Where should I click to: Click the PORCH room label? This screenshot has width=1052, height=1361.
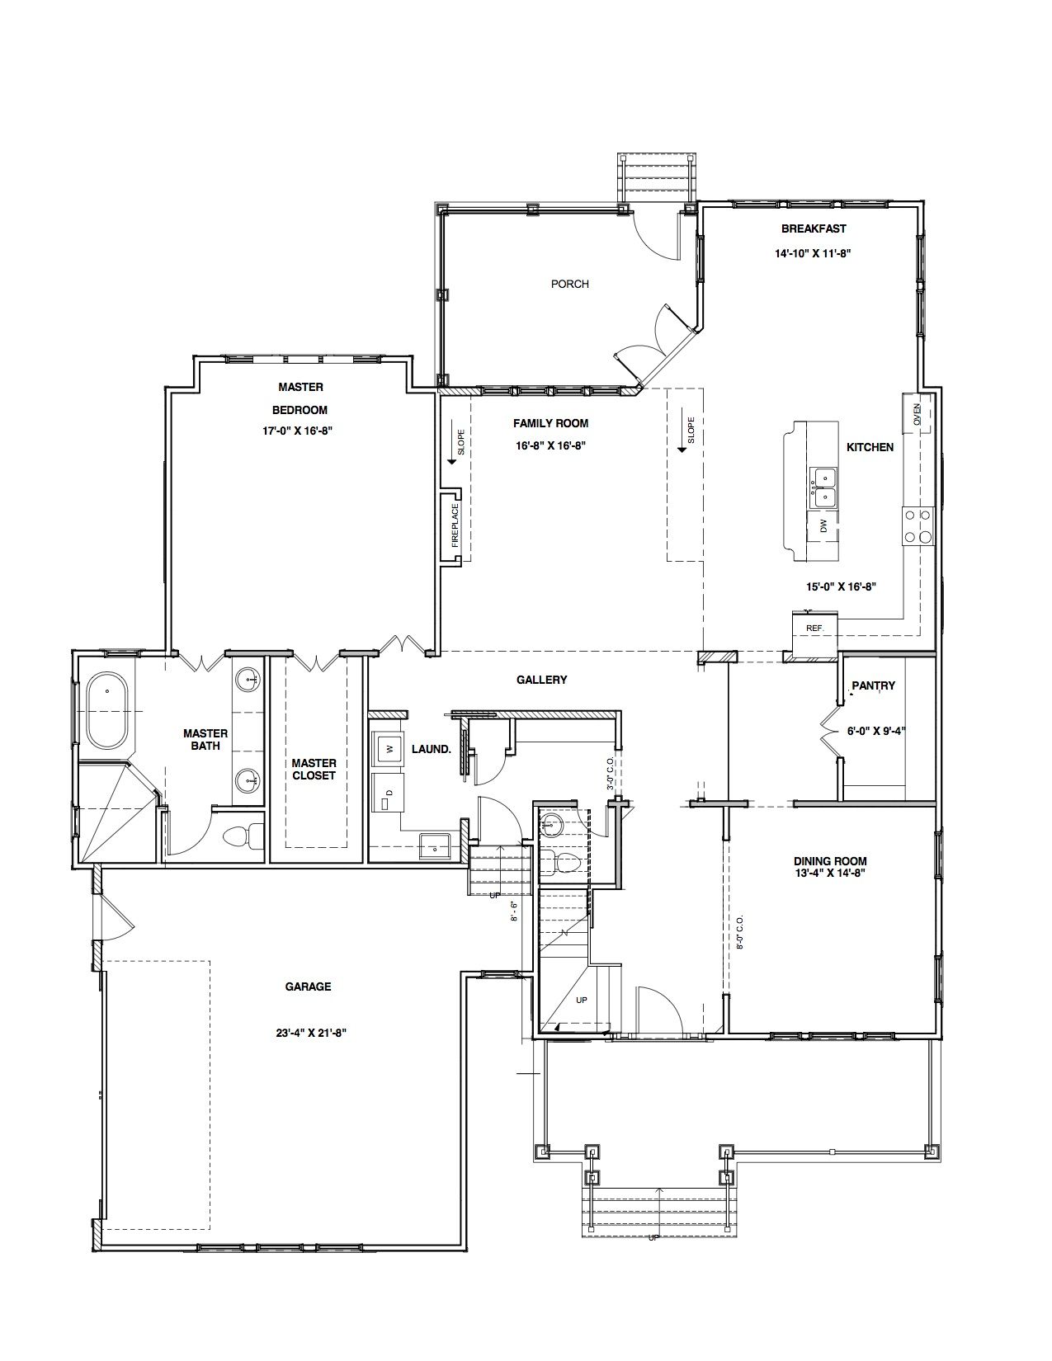(569, 284)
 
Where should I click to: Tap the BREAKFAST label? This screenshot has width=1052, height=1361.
(814, 228)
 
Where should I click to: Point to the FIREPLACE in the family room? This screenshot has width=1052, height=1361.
(455, 525)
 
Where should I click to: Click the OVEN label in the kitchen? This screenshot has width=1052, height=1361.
(917, 412)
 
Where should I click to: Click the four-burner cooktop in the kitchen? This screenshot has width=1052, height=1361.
(918, 526)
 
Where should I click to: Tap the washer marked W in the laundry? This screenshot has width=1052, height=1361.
(389, 748)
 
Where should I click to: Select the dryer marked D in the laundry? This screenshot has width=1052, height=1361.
(388, 793)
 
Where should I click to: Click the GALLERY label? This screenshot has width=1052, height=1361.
(542, 680)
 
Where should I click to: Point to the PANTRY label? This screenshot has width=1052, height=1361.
(874, 685)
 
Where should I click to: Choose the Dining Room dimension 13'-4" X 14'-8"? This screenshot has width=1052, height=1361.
(830, 873)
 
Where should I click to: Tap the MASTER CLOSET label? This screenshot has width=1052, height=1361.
(314, 769)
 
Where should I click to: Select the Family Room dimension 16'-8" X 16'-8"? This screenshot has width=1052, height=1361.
(550, 446)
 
